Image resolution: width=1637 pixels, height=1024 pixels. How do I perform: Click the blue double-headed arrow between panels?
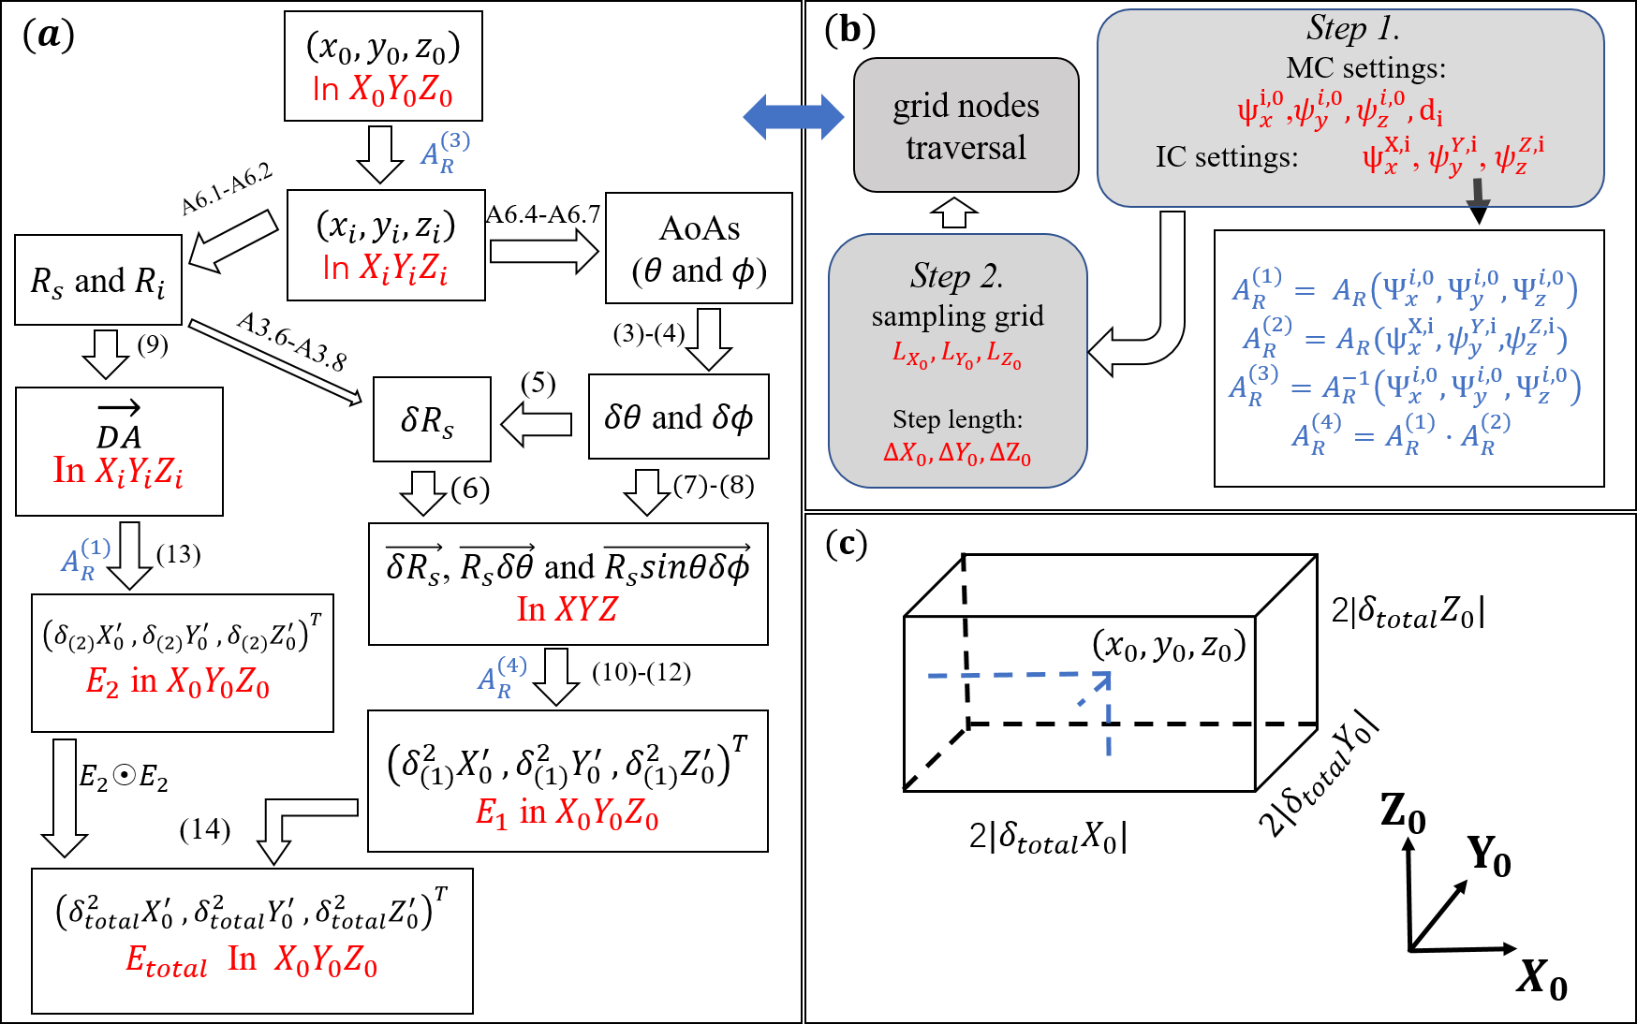tap(792, 117)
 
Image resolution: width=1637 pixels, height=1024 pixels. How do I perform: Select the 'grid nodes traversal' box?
tap(966, 125)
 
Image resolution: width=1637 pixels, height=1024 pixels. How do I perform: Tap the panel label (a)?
tap(48, 35)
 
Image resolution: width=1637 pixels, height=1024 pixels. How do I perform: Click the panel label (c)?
tap(846, 543)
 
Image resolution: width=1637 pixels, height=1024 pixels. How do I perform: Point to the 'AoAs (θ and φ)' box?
tap(699, 248)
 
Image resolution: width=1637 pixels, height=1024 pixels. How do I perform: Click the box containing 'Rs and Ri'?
tap(98, 280)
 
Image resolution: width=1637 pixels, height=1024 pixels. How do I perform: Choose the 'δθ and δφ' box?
tap(678, 417)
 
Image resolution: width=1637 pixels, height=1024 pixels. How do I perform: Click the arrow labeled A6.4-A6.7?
tap(543, 252)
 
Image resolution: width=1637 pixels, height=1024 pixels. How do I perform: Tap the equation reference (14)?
tap(204, 829)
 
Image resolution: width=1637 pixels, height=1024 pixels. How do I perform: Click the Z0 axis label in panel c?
tap(1402, 812)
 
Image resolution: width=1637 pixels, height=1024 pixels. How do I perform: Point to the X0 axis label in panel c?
tap(1541, 979)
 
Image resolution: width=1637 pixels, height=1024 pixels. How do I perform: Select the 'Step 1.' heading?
tap(1352, 29)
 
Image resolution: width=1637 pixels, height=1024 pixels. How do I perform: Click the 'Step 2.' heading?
tap(956, 276)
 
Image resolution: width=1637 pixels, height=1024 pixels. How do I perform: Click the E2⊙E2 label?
tap(124, 777)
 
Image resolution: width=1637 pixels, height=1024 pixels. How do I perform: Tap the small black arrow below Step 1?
tap(1478, 201)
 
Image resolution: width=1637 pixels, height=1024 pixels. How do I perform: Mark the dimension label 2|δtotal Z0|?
tap(1407, 612)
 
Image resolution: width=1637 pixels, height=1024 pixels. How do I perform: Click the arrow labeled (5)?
tap(537, 424)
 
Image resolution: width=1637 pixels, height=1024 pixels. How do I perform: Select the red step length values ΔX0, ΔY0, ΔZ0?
tap(956, 454)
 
